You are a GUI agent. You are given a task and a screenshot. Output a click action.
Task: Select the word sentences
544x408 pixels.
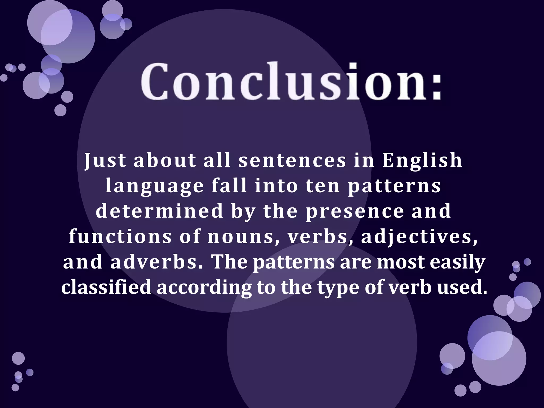292,161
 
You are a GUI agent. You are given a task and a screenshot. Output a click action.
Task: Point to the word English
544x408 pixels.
422,161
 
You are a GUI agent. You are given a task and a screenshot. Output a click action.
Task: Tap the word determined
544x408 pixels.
159,211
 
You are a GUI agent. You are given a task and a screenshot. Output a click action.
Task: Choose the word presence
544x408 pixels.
355,211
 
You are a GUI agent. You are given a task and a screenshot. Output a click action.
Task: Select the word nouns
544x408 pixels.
241,236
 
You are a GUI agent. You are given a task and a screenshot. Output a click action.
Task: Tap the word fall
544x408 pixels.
229,186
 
